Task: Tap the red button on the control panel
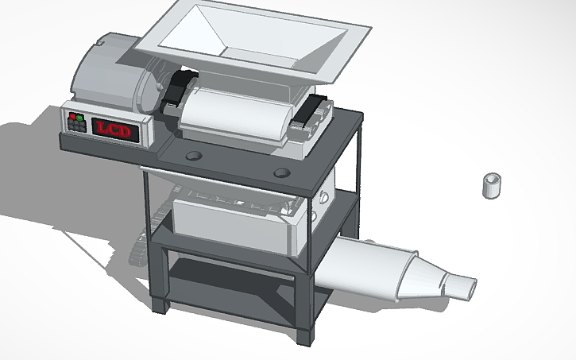[x=72, y=118]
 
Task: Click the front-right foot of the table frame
[x=302, y=337]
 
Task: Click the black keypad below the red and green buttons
[x=77, y=130]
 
